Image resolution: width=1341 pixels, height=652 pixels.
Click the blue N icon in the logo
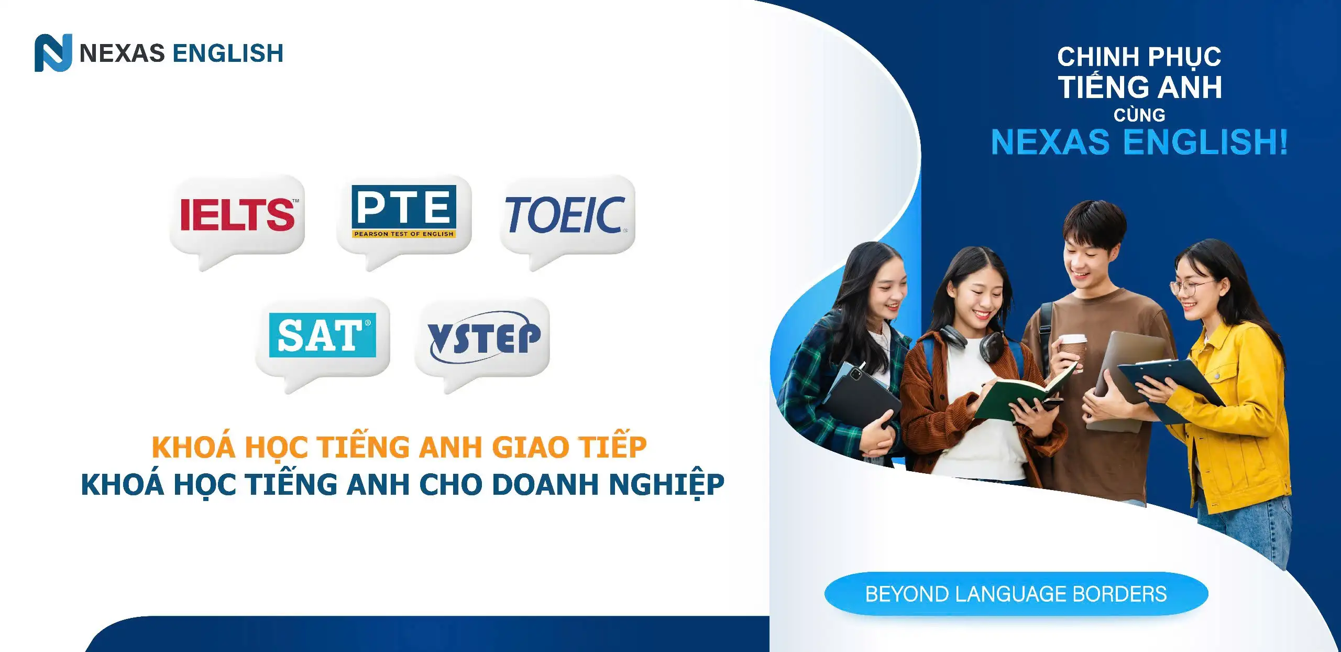[53, 53]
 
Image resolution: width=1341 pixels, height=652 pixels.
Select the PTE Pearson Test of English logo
[404, 212]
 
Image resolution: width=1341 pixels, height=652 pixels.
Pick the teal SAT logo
[323, 335]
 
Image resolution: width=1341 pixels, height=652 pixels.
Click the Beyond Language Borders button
[1016, 594]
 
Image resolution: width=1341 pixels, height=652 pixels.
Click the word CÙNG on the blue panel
[1139, 115]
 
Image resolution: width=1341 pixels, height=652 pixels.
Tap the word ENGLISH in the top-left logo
[228, 53]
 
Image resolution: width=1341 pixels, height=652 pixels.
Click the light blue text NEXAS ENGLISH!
[1139, 142]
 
